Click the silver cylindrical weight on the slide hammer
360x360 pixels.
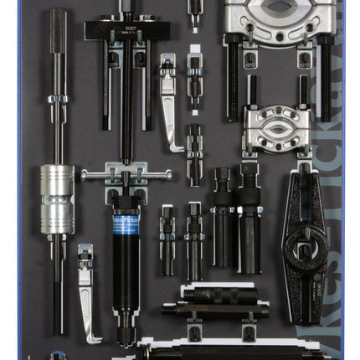tap(57, 199)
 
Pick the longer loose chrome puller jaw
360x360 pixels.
tap(170, 100)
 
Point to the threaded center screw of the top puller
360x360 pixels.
tap(126, 109)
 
